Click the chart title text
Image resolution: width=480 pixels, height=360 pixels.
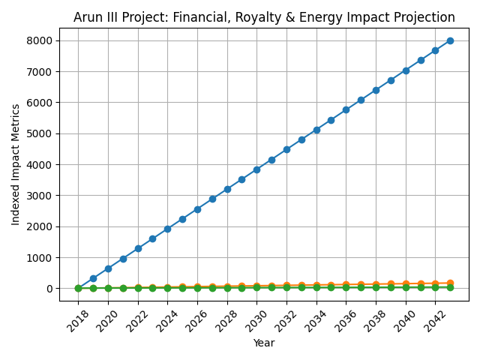(x=264, y=18)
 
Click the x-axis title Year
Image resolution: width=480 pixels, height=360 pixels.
(x=264, y=343)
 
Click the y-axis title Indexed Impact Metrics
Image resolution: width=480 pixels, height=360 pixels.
(x=16, y=164)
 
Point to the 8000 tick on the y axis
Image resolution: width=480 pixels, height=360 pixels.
(x=43, y=40)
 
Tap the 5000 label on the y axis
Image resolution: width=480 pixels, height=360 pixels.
(x=43, y=133)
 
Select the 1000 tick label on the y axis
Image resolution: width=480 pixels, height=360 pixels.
(x=43, y=257)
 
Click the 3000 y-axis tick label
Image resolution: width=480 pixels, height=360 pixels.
(x=43, y=196)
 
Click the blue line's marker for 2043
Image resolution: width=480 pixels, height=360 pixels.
(x=450, y=40)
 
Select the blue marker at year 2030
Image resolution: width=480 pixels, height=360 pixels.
(x=256, y=169)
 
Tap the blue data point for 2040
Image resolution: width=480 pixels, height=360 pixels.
(x=406, y=70)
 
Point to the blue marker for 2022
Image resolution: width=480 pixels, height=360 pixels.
(x=138, y=248)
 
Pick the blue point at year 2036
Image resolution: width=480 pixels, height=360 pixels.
(x=346, y=109)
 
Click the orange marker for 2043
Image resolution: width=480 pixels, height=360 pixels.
(x=450, y=283)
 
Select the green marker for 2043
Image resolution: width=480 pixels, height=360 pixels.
(x=450, y=287)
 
